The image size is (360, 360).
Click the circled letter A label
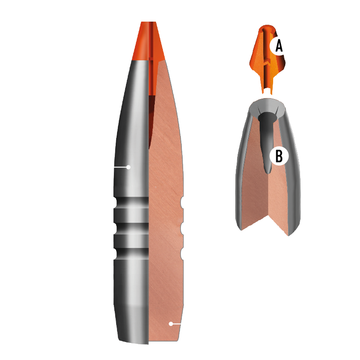pos(279,45)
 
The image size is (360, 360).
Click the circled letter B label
pos(279,156)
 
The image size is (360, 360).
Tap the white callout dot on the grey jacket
pos(128,167)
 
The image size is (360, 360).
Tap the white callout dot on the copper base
pos(171,323)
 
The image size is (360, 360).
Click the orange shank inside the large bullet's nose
pos(153,76)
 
